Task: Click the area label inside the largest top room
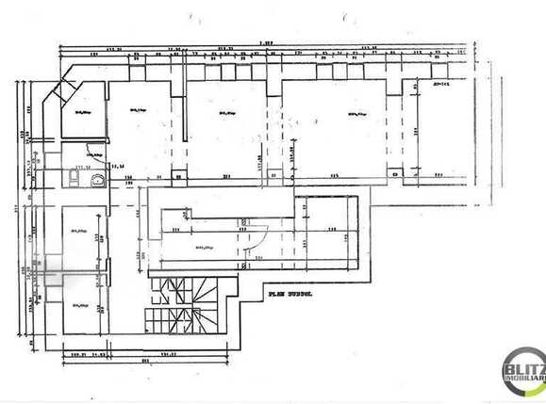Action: (x=356, y=115)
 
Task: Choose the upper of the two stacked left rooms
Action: (x=82, y=235)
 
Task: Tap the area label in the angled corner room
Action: (x=82, y=113)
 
